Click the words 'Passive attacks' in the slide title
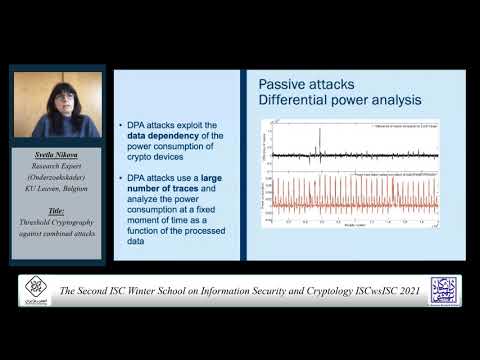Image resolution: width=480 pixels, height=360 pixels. coord(300,84)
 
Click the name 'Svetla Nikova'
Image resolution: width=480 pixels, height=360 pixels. coord(56,156)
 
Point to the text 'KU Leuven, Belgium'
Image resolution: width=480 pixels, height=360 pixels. coord(56,186)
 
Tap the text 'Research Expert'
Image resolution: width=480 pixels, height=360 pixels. coord(56,166)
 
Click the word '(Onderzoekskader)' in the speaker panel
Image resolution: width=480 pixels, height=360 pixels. coord(56,176)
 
